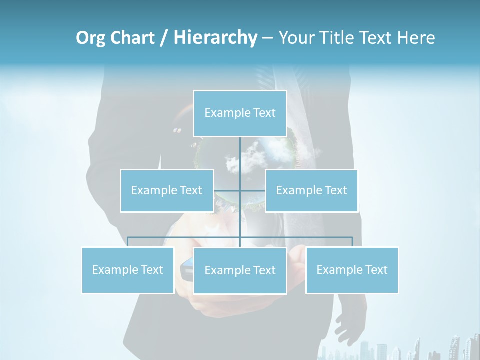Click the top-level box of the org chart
coord(240,113)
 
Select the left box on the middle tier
coord(167,190)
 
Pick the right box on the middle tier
coord(311,190)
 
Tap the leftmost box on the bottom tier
coord(128,270)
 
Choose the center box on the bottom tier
coord(240,270)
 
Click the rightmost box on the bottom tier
coord(352,270)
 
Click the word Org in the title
coord(89,38)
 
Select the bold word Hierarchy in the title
coord(215,38)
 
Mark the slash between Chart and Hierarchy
coord(164,38)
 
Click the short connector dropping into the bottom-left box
coord(128,242)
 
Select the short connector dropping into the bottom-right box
coord(352,242)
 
